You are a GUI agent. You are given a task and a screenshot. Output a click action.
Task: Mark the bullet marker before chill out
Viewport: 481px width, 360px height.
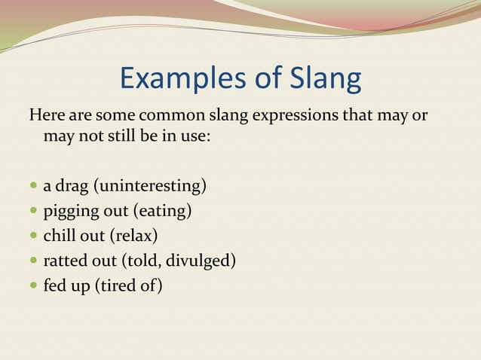point(32,236)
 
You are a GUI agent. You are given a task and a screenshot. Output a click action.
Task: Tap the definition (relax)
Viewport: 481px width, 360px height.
point(134,236)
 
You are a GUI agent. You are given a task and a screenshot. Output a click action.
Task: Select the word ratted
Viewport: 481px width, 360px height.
point(67,261)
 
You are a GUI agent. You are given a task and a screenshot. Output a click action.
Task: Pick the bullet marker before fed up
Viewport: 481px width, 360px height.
point(32,286)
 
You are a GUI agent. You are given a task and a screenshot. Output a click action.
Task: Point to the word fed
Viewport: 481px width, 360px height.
point(55,286)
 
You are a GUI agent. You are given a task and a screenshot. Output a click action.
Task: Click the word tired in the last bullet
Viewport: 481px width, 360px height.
point(118,286)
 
